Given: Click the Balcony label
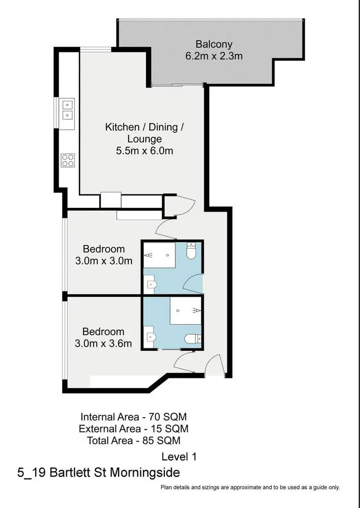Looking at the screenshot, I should point(214,44).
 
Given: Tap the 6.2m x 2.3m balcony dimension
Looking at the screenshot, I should point(214,56).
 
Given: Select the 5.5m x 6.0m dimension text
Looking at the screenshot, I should point(144,151).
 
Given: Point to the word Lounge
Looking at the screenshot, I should point(144,139).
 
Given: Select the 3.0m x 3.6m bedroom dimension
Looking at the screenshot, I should point(104,343).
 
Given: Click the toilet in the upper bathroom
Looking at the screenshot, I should point(192,252).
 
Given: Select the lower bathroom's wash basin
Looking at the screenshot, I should point(151,337).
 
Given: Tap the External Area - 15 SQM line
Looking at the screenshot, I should point(133,428).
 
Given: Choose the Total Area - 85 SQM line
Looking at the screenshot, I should point(133,440).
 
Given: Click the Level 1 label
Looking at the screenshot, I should point(179,457).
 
